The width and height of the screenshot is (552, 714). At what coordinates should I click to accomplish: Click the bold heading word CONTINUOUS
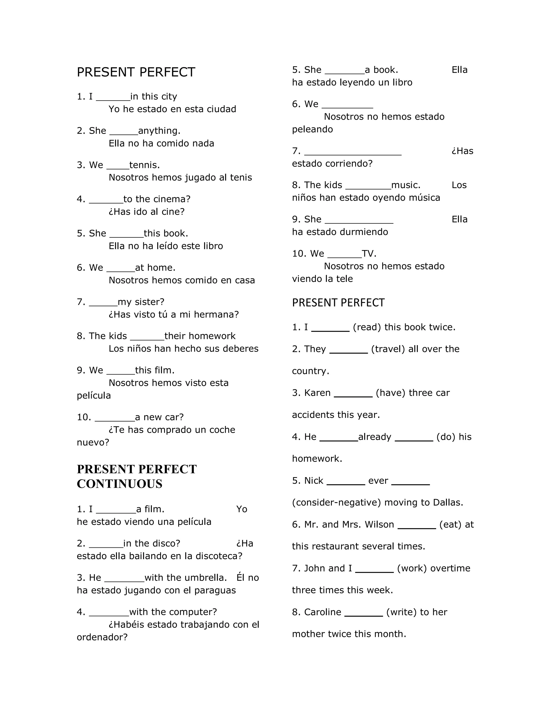(119, 484)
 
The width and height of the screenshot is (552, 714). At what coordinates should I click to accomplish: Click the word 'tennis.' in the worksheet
(144, 165)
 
